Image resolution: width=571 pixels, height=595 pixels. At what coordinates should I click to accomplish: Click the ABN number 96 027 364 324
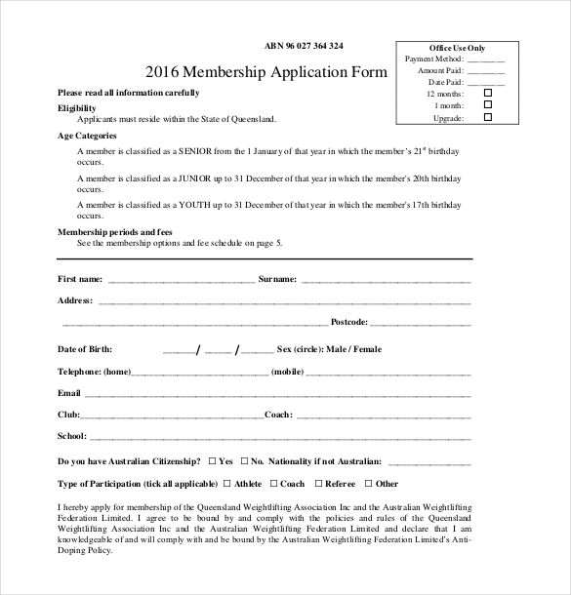pyautogui.click(x=304, y=46)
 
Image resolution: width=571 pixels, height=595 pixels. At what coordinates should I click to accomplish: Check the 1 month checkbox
pyautogui.click(x=488, y=105)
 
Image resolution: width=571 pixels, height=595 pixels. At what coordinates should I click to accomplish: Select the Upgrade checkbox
pyautogui.click(x=488, y=117)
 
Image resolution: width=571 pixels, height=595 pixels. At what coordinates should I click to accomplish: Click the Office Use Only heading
pyautogui.click(x=457, y=48)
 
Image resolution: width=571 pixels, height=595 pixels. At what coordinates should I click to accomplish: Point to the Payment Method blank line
pyautogui.click(x=485, y=59)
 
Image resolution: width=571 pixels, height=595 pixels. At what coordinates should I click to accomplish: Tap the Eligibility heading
pyautogui.click(x=77, y=106)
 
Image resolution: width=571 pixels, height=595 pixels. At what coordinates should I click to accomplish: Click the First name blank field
pyautogui.click(x=181, y=279)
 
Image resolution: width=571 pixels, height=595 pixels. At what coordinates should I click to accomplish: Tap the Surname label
pyautogui.click(x=277, y=279)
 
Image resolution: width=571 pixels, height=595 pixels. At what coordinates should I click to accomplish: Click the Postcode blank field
pyautogui.click(x=421, y=322)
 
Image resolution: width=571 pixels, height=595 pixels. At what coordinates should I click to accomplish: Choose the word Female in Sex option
pyautogui.click(x=367, y=348)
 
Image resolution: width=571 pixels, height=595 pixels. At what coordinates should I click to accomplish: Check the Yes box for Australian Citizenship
pyautogui.click(x=211, y=459)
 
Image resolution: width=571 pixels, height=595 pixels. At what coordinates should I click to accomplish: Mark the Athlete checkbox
pyautogui.click(x=226, y=483)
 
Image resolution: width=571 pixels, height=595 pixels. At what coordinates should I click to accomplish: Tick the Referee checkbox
pyautogui.click(x=317, y=483)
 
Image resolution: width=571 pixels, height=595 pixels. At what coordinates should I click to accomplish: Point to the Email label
pyautogui.click(x=69, y=393)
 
